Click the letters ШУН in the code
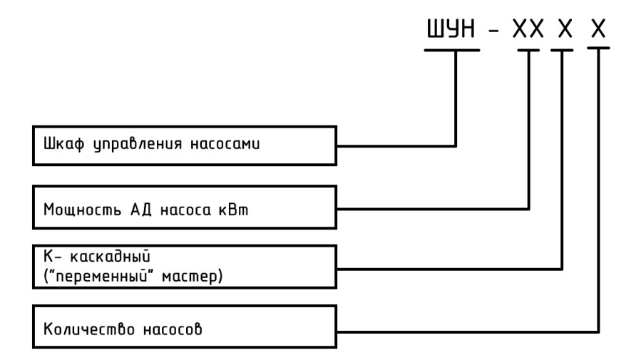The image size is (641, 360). coord(451,29)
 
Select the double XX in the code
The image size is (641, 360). coord(528,29)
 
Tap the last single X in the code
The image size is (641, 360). coord(598,29)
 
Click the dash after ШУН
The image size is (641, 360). coord(494,30)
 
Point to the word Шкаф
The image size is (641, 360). coord(63,144)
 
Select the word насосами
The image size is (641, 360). coord(225,144)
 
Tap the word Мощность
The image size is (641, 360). coord(82,210)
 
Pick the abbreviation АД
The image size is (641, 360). coord(141,210)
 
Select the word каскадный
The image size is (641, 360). coord(110,256)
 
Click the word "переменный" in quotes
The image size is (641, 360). coord(101,276)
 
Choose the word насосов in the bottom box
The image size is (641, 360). coord(173,329)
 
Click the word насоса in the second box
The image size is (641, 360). coord(185,210)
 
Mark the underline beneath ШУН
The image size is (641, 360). coord(452,51)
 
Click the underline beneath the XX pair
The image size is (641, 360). coord(528,51)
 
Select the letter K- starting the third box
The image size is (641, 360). coord(52,256)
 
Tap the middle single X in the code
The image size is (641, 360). coord(565,29)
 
